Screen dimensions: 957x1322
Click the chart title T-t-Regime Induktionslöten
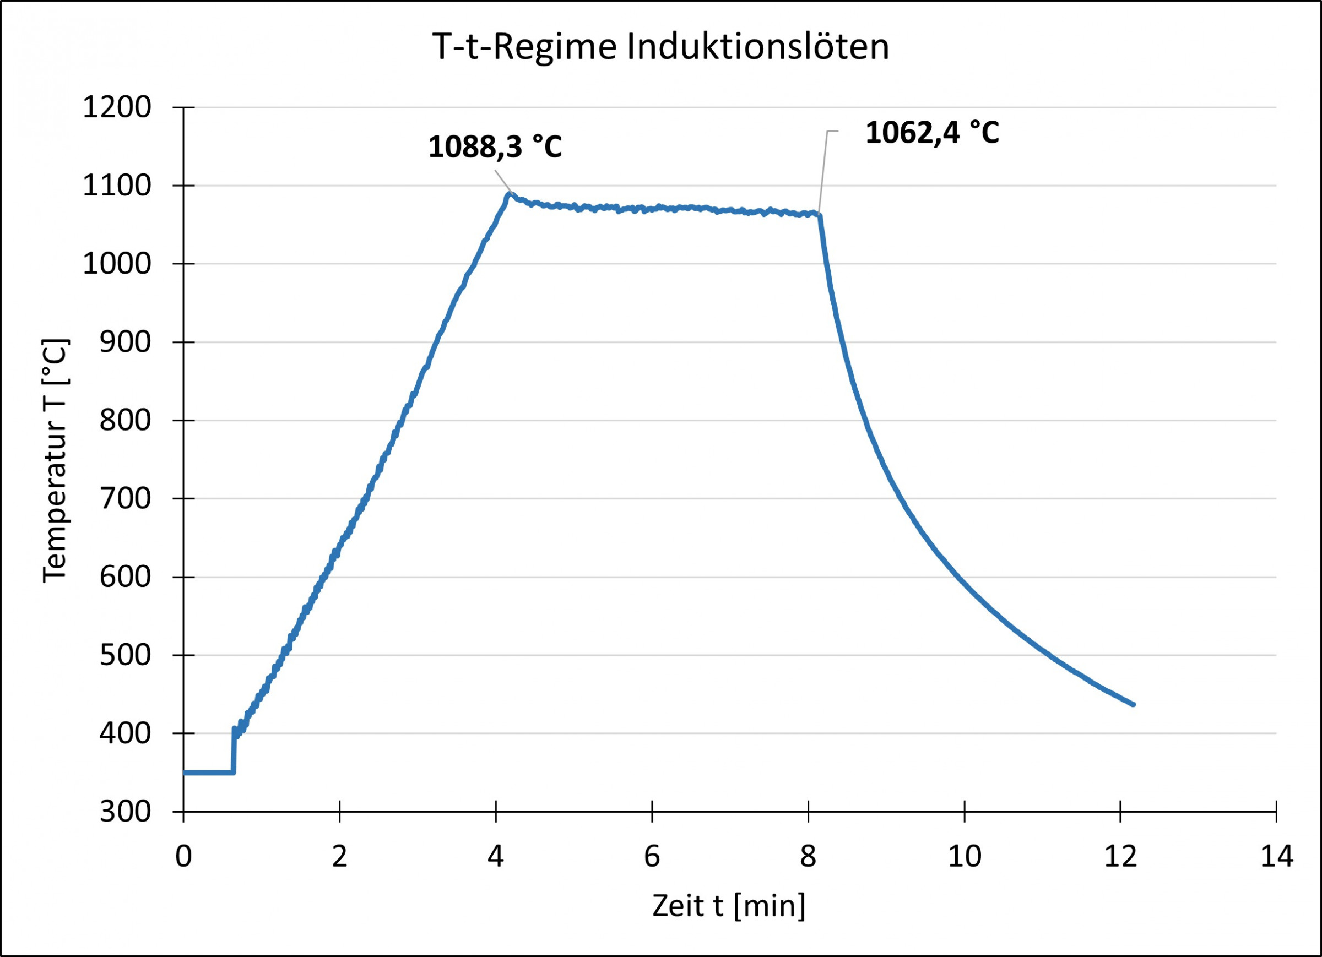point(660,47)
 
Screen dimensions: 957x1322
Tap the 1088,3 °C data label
point(495,147)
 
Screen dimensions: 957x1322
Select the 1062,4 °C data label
point(932,133)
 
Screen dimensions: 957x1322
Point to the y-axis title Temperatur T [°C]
point(56,460)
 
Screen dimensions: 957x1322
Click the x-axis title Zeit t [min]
point(729,906)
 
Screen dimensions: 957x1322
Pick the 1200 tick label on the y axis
point(117,108)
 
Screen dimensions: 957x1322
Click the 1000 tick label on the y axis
point(117,264)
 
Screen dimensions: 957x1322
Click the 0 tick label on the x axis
point(183,857)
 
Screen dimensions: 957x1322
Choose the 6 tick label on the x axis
point(652,857)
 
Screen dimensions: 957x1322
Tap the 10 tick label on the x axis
point(965,857)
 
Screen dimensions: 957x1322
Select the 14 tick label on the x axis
point(1276,857)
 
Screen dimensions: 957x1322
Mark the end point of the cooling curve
point(1133,704)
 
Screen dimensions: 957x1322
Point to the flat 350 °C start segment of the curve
point(209,773)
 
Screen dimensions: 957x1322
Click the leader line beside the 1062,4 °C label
point(823,172)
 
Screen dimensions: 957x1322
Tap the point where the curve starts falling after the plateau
point(820,215)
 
